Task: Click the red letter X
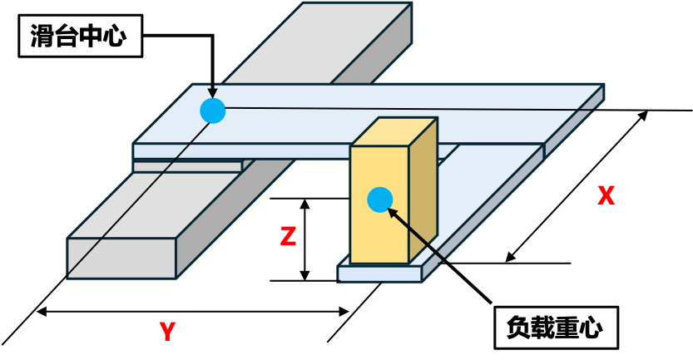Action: [606, 195]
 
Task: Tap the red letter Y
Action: [167, 332]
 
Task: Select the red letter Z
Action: [288, 237]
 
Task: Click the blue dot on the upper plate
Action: [213, 111]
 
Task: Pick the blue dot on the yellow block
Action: [380, 200]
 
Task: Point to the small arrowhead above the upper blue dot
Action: [212, 92]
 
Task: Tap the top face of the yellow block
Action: [394, 131]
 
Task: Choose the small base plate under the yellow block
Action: [379, 274]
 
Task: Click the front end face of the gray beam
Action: [121, 258]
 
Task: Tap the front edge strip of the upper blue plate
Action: [241, 151]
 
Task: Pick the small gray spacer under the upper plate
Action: [187, 166]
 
